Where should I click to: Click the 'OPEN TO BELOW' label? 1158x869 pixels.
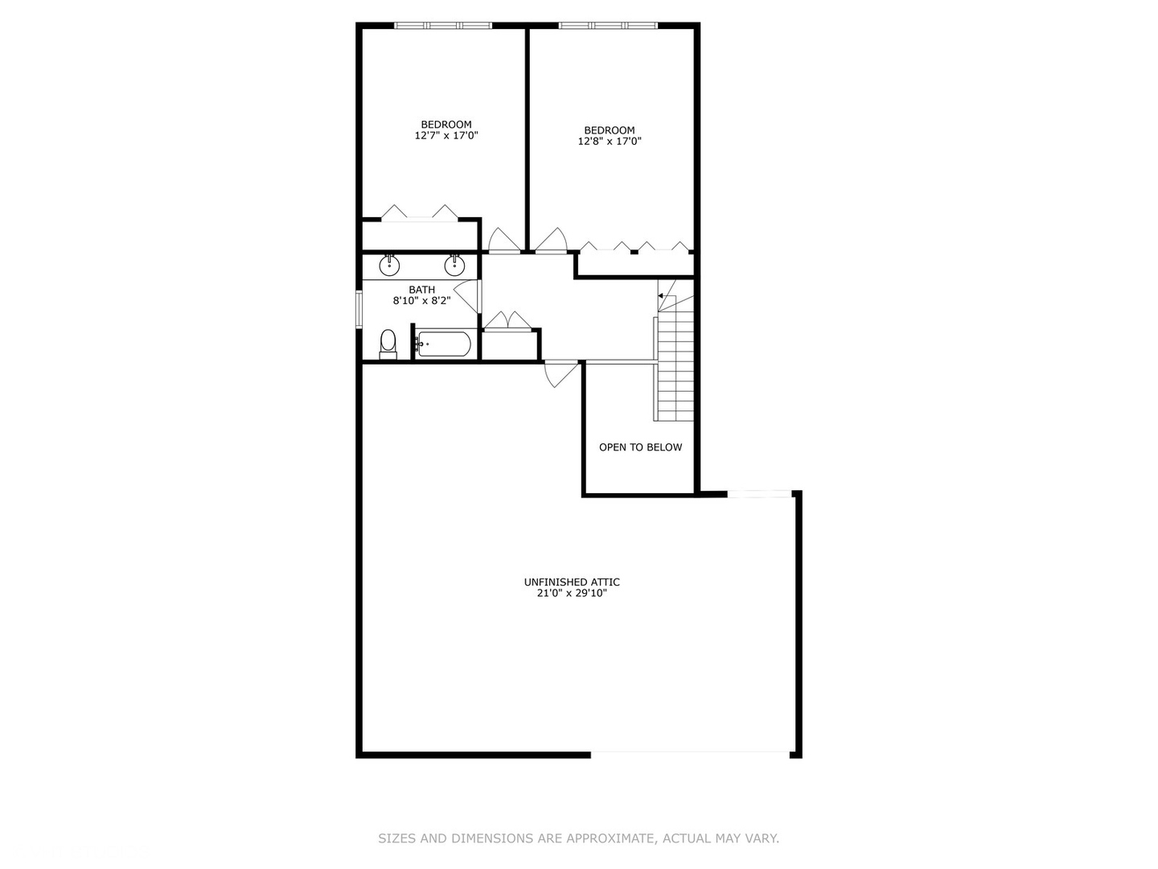pos(640,447)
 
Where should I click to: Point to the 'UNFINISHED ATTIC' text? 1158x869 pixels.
pos(572,582)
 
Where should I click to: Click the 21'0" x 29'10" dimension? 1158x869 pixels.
pos(572,594)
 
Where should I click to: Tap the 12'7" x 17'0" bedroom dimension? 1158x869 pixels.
pos(446,136)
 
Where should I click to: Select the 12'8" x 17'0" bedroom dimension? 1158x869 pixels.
pos(610,142)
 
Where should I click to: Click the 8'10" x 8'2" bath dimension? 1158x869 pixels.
pos(421,301)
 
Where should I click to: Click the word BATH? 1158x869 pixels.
pos(421,290)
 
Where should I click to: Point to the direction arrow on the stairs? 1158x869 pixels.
pos(661,296)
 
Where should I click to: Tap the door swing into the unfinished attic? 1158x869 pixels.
pos(561,373)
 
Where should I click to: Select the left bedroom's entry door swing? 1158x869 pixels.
pos(503,241)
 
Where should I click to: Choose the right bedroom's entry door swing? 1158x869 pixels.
pos(552,241)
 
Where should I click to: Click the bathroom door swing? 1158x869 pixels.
pos(469,294)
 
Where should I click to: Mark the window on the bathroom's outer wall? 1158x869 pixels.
pos(359,309)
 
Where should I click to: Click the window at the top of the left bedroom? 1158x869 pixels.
pos(442,26)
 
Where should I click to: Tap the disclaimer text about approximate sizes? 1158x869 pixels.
pos(578,838)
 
